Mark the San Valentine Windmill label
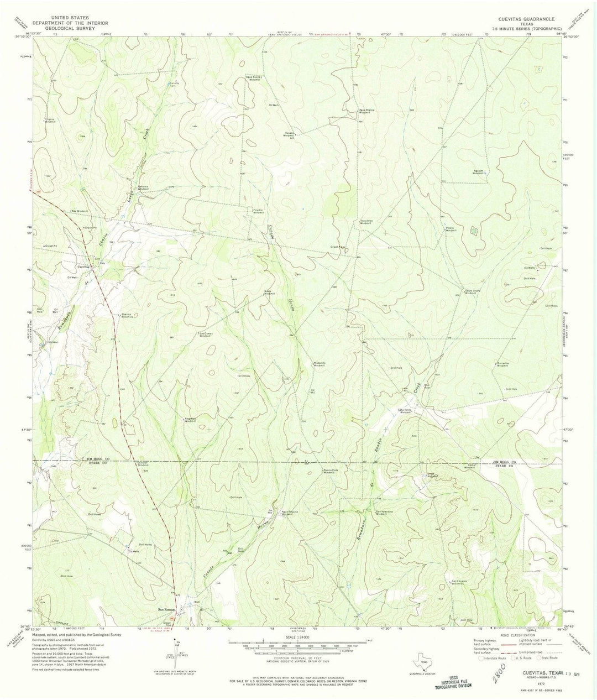(385, 513)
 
